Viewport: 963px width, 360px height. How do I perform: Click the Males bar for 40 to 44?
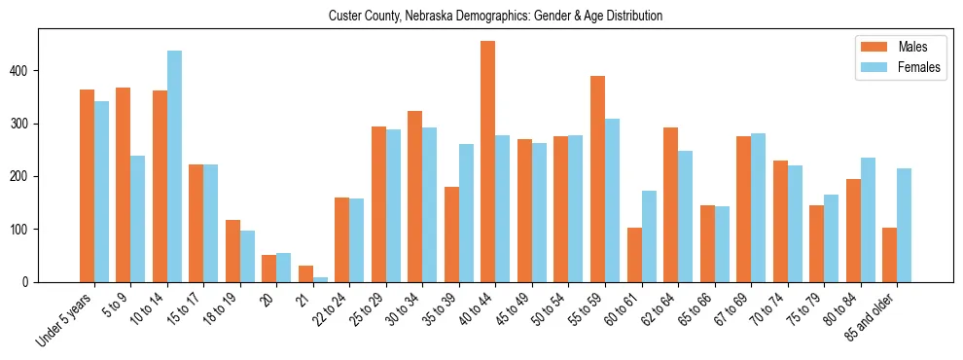click(488, 162)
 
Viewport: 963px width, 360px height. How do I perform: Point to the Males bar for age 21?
click(305, 274)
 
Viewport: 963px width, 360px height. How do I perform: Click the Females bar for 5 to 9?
click(138, 219)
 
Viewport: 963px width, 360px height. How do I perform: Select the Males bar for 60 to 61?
click(634, 255)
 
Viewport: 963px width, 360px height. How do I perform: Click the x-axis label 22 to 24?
click(328, 311)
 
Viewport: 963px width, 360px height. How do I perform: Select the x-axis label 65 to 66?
click(693, 311)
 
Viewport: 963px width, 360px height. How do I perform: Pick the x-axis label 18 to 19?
click(218, 311)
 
